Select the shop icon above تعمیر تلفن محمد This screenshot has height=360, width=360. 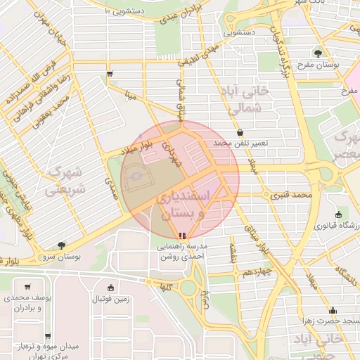240,132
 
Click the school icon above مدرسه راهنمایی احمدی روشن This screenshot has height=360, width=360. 183,236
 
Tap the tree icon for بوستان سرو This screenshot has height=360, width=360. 61,245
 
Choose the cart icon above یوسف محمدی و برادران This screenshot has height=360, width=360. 27,286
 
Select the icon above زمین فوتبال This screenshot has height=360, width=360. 110,287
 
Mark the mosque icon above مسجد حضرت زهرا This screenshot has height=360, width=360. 333,310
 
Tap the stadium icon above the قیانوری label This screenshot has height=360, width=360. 339,214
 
